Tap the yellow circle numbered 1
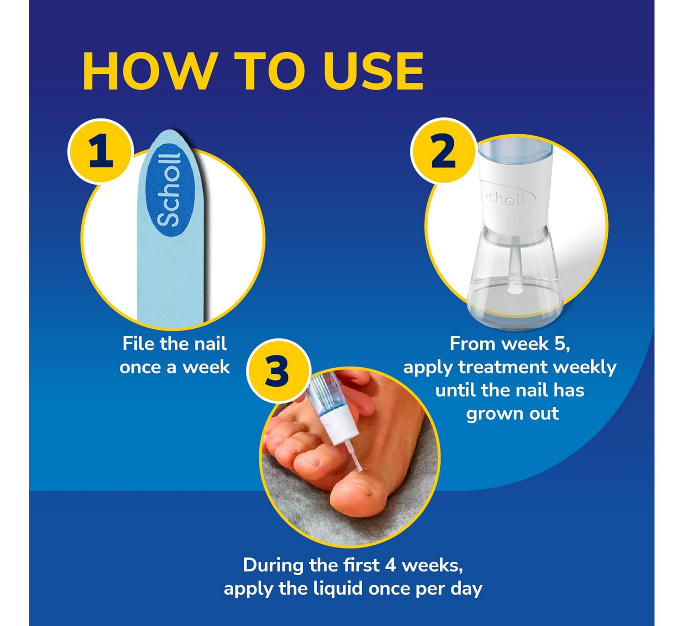101,151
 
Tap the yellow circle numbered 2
444,151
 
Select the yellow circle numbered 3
278,371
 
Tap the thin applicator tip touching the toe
355,457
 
